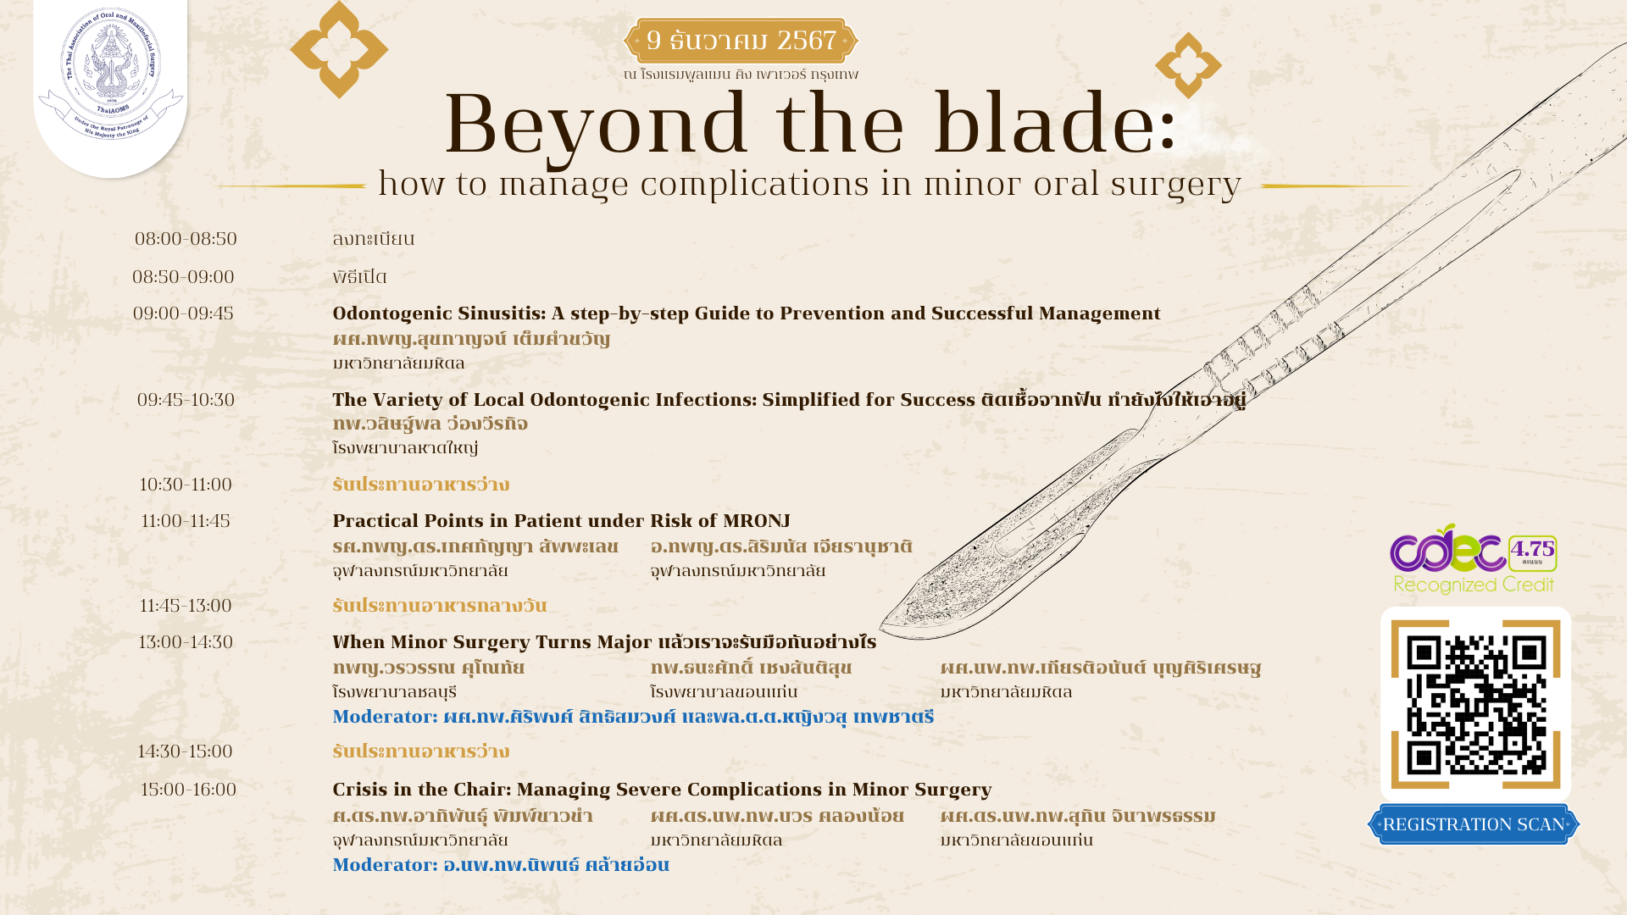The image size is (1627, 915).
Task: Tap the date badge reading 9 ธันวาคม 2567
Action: coord(741,41)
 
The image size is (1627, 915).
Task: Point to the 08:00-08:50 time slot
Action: coord(186,239)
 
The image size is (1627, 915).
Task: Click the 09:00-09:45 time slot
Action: coord(183,313)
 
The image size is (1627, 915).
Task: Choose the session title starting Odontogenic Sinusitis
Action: coord(746,313)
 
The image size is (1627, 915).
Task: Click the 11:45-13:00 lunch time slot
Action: coord(186,606)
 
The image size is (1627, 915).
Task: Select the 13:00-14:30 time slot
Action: coord(186,642)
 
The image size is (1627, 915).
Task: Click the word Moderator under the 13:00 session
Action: coord(385,717)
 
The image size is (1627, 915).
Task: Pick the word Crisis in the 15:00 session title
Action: coord(358,790)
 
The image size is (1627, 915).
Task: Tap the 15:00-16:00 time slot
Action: coord(188,790)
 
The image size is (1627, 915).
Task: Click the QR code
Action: coord(1475,704)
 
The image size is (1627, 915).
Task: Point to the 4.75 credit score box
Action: coord(1532,552)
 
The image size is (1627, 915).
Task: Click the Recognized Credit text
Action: coord(1474,585)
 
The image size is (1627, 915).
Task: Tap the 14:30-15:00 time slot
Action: coord(185,751)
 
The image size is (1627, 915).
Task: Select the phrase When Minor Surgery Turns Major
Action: coord(492,642)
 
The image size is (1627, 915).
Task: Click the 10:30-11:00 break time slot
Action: coord(186,485)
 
